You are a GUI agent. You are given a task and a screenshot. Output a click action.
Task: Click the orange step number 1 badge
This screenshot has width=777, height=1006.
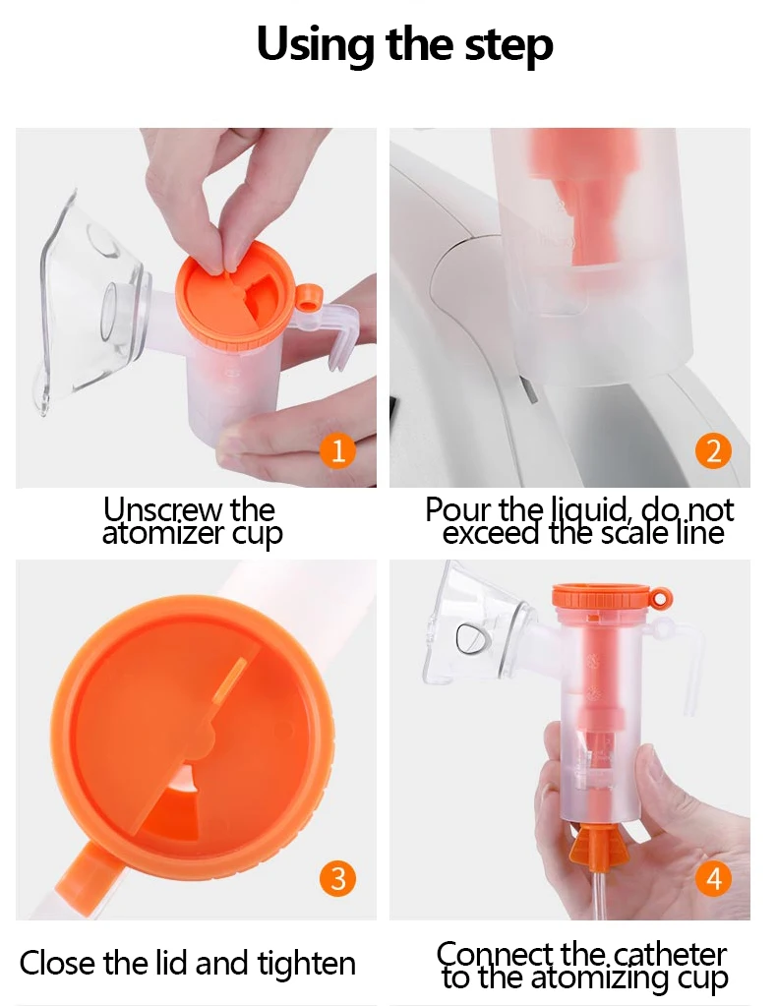coord(337,450)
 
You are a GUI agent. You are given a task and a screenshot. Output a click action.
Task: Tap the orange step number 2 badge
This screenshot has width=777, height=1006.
coord(713,450)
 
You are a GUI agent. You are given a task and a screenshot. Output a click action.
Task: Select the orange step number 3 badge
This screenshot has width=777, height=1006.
coord(337,878)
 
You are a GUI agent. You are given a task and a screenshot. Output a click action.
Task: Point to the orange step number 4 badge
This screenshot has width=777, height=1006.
coord(713,878)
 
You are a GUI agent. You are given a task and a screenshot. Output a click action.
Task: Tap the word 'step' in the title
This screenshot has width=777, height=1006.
coord(508,46)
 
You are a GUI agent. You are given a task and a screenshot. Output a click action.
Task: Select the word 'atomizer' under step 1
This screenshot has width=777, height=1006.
coord(163,533)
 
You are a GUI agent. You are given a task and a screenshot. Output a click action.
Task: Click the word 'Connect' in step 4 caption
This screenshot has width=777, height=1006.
coord(495,954)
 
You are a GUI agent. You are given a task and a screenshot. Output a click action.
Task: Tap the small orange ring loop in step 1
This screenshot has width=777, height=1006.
coord(308,296)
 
